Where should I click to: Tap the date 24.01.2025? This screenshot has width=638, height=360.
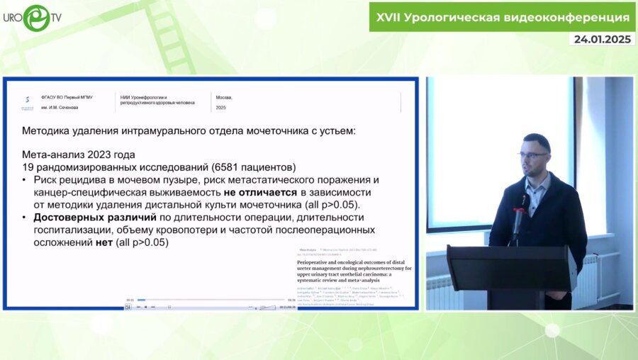click(602, 39)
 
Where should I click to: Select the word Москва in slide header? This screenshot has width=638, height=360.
click(223, 97)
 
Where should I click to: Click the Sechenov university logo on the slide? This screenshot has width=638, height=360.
click(27, 102)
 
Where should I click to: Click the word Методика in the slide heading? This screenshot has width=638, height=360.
click(46, 130)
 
